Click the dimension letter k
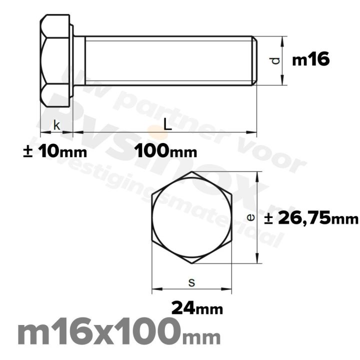56,126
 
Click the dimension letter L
168,125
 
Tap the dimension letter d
273,61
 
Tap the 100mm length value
165,151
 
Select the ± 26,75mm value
311,218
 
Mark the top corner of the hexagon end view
191,172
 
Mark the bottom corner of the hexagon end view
191,263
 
